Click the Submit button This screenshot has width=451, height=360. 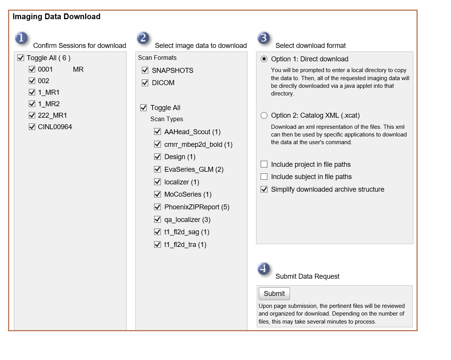[x=274, y=294]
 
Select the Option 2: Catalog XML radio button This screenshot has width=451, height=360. [x=264, y=115]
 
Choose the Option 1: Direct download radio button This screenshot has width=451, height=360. [x=264, y=59]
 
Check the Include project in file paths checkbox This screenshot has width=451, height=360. [x=264, y=164]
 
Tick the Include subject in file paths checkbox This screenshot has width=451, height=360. [x=264, y=177]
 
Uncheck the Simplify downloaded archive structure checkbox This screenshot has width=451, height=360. [x=264, y=189]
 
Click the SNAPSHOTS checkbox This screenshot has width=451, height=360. [x=145, y=71]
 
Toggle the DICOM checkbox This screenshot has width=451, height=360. [x=145, y=83]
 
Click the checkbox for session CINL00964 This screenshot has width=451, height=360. [x=32, y=127]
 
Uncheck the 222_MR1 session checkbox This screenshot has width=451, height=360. [x=32, y=115]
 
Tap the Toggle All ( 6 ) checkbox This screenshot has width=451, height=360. [x=21, y=58]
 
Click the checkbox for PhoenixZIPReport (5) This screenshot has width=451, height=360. [x=157, y=207]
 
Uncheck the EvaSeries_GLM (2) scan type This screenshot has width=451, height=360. [x=157, y=169]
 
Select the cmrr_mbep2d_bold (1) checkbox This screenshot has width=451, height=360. [x=157, y=145]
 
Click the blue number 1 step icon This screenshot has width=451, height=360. [x=21, y=38]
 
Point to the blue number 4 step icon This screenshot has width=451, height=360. [x=264, y=269]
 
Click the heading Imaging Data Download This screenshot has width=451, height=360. [x=56, y=17]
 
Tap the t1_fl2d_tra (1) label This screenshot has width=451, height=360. [x=185, y=245]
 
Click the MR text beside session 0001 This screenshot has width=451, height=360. [x=78, y=69]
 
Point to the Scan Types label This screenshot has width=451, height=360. [x=167, y=119]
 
